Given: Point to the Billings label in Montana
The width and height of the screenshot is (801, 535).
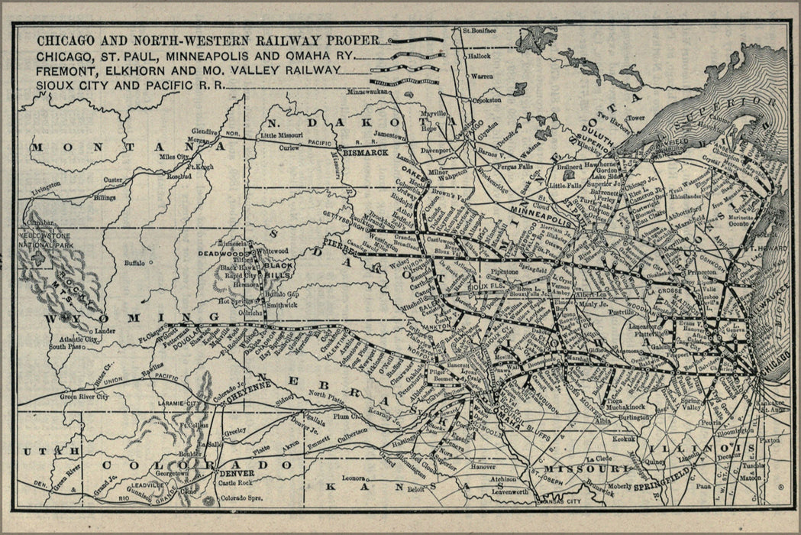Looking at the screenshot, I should point(105,197).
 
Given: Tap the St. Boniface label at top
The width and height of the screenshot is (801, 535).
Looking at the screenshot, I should point(480,31).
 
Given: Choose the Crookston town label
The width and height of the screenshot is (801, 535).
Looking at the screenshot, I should point(486,99).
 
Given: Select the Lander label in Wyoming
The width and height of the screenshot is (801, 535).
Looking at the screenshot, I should point(105,330).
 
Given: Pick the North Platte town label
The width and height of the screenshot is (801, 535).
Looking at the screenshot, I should point(326,394).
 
